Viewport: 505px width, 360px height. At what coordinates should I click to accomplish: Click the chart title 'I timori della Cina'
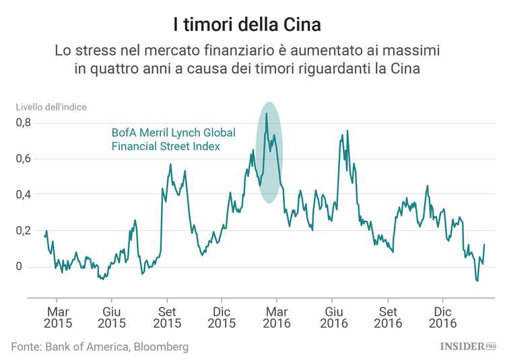point(252,25)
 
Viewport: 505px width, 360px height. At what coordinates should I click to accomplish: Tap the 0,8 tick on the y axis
point(24,122)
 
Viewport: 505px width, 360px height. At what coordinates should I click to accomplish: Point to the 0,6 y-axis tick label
point(24,159)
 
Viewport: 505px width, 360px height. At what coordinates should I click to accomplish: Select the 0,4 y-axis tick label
point(24,194)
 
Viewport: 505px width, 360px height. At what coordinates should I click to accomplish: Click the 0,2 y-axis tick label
point(24,231)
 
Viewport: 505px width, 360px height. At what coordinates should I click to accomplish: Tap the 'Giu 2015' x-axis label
point(112,318)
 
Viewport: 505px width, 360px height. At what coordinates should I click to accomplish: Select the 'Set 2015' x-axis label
point(167,318)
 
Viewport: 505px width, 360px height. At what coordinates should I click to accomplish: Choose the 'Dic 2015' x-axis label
point(222,318)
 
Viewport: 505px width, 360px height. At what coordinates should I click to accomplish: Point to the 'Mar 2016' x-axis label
point(277,318)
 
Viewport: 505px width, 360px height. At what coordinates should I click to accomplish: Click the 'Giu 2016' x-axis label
point(332,318)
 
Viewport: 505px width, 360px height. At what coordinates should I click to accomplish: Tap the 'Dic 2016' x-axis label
point(442,318)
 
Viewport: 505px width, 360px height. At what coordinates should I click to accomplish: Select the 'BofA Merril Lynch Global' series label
point(172,133)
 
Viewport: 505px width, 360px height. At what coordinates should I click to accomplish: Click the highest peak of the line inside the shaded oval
point(267,114)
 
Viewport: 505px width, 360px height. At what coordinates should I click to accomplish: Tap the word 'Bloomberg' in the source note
point(157,347)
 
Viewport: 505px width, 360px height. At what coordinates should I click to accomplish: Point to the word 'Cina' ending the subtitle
point(406,70)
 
